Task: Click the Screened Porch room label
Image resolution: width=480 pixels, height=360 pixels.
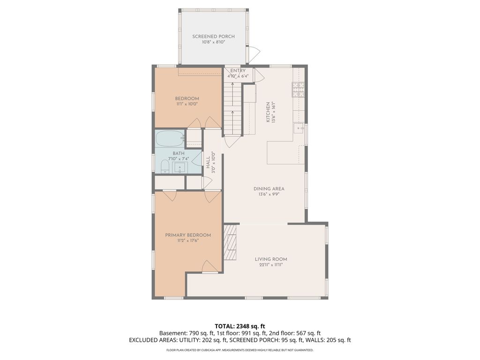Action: (x=213, y=37)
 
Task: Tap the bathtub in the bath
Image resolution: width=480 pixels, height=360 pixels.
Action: (x=169, y=139)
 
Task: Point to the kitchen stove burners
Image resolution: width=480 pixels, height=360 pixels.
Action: (x=299, y=89)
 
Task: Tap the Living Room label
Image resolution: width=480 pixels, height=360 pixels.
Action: (x=271, y=259)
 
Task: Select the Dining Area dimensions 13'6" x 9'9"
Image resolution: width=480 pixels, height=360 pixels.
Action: (x=269, y=195)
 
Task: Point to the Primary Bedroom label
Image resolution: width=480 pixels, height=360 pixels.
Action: (x=187, y=235)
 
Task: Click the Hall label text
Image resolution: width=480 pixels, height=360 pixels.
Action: (x=208, y=162)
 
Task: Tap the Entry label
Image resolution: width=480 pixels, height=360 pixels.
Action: (x=238, y=71)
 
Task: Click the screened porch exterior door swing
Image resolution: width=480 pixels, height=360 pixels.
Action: (x=254, y=54)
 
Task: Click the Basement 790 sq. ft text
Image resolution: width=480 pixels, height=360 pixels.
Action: (x=185, y=333)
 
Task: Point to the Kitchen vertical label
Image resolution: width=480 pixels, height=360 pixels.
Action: (x=269, y=112)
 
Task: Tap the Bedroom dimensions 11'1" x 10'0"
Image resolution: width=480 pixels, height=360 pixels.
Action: (x=187, y=104)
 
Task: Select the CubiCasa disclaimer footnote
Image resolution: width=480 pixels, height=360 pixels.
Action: (x=240, y=350)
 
